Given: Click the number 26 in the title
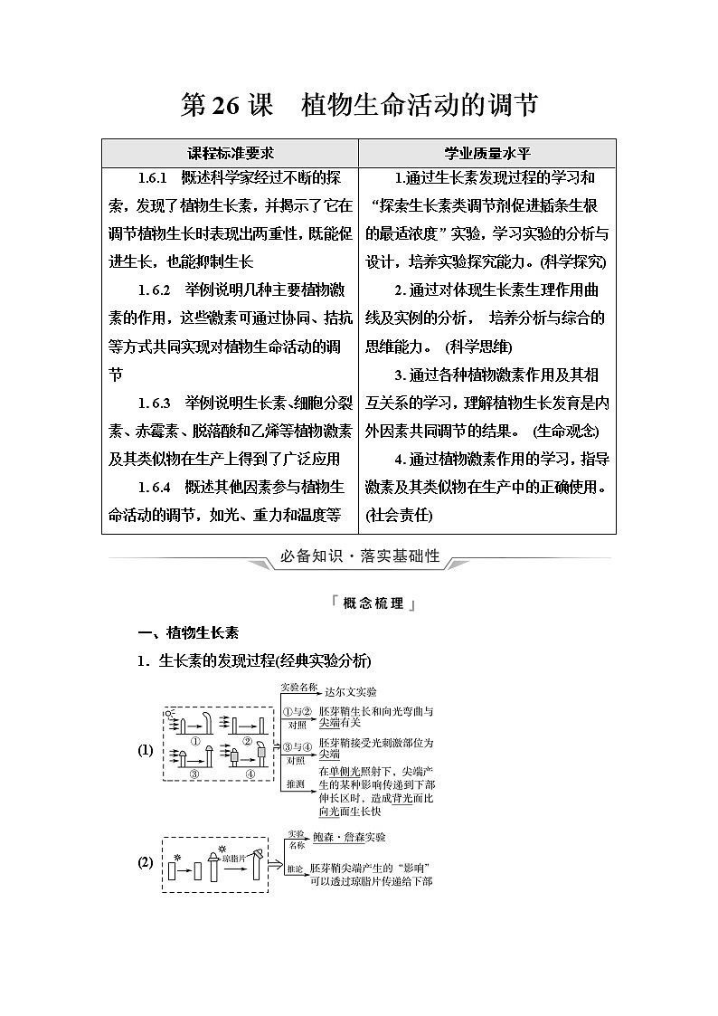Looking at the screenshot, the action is point(225,106).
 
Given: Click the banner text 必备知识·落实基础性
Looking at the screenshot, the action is point(359,556).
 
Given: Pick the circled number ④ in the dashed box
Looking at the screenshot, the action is point(250,774).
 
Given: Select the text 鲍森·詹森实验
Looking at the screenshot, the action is point(348,838).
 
